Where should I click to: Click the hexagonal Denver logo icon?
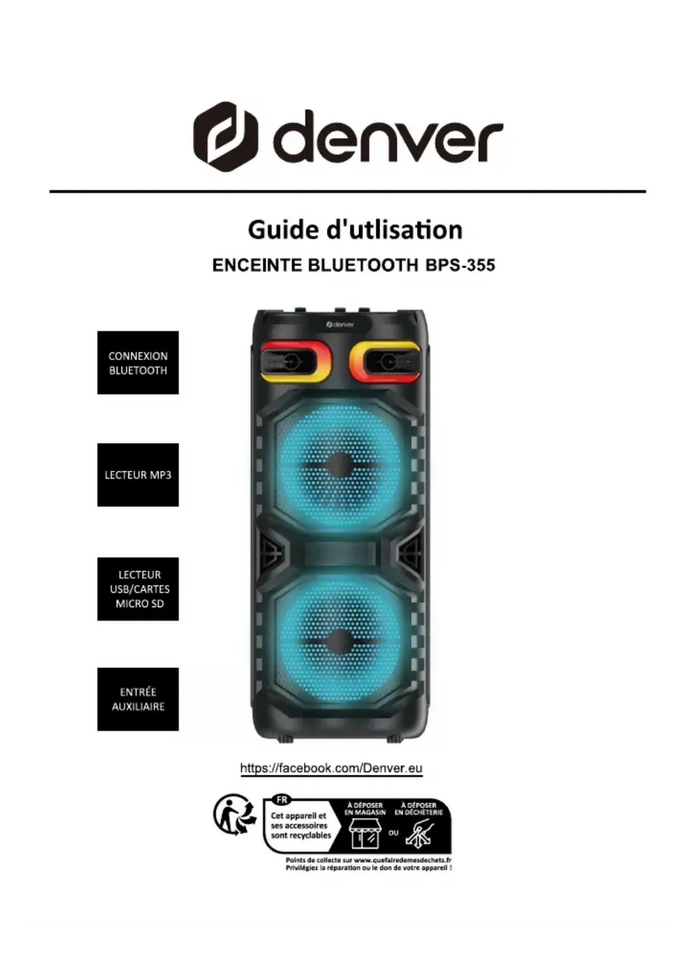tap(226, 136)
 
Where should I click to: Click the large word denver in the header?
tap(388, 136)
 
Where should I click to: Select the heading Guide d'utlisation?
tap(355, 230)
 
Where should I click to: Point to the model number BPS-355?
tap(460, 265)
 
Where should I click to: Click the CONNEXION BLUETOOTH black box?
tap(138, 363)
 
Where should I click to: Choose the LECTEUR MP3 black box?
tap(138, 475)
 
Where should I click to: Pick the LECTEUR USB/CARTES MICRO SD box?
tap(138, 589)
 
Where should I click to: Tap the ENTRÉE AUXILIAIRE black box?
tap(138, 699)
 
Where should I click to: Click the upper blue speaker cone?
tap(340, 465)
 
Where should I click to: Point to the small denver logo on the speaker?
tap(340, 324)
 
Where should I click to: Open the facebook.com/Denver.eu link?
tap(331, 768)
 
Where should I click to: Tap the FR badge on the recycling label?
tap(282, 800)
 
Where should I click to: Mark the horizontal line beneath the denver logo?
tap(347, 191)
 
